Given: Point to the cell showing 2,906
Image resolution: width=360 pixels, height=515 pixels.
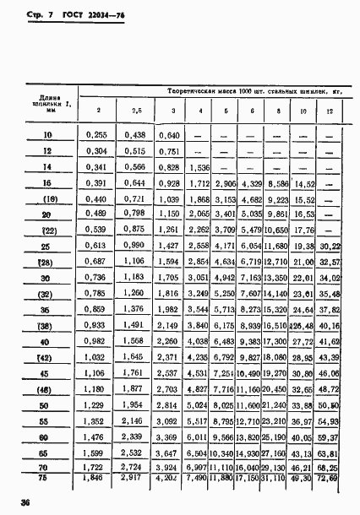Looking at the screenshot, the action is click(x=225, y=183).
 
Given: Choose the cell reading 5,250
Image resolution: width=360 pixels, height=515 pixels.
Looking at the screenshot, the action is click(x=225, y=293).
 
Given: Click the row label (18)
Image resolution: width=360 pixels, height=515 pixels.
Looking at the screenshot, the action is click(x=47, y=198).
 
